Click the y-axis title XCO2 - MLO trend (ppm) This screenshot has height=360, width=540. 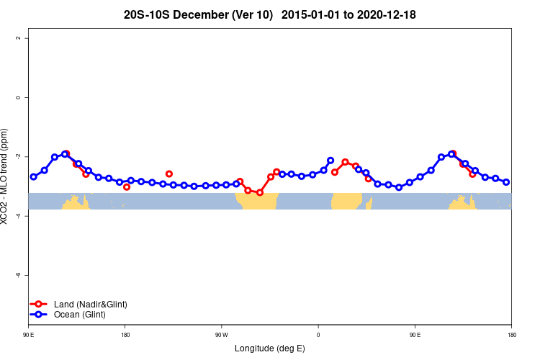pos(6,176)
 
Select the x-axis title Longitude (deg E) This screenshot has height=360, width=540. pos(270,348)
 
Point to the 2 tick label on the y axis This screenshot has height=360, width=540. pos(17,37)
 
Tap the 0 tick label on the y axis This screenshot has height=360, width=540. pos(17,97)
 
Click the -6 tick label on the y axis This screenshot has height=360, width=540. pos(17,275)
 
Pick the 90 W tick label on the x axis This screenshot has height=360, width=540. pos(221,335)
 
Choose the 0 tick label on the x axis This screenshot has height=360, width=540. pos(318,335)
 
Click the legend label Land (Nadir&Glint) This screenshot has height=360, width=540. pos(91,305)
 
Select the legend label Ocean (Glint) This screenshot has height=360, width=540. pos(79,315)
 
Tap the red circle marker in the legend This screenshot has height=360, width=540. pos(39,305)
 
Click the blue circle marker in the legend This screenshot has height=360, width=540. pos(39,315)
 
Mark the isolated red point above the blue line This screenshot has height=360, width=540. pos(169,174)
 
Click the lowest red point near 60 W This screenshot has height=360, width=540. pos(260,192)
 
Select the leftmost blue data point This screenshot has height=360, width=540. pos(33,176)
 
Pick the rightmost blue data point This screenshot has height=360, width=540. pos(506,182)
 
